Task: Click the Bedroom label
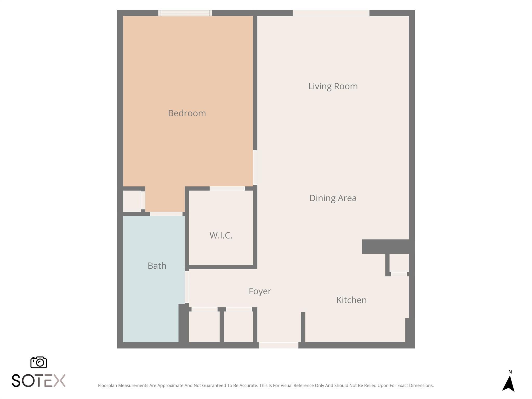pyautogui.click(x=187, y=113)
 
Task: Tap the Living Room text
pyautogui.click(x=333, y=86)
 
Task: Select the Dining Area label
pyautogui.click(x=333, y=198)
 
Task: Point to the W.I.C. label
pyautogui.click(x=221, y=235)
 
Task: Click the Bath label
pyautogui.click(x=157, y=266)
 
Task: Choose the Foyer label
pyautogui.click(x=260, y=291)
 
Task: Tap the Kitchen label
pyautogui.click(x=351, y=300)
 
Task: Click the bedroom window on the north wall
pyautogui.click(x=185, y=13)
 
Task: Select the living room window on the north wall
pyautogui.click(x=331, y=13)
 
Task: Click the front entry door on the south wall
pyautogui.click(x=278, y=345)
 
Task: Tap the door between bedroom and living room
pyautogui.click(x=255, y=167)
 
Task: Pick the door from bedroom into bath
pyautogui.click(x=166, y=214)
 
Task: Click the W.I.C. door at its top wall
pyautogui.click(x=227, y=188)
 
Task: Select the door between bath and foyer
pyautogui.click(x=187, y=287)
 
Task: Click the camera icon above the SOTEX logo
pyautogui.click(x=39, y=362)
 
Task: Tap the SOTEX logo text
pyautogui.click(x=39, y=381)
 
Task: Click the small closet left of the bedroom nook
pyautogui.click(x=132, y=201)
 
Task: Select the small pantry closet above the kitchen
pyautogui.click(x=399, y=263)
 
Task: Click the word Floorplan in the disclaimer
pyautogui.click(x=107, y=385)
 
